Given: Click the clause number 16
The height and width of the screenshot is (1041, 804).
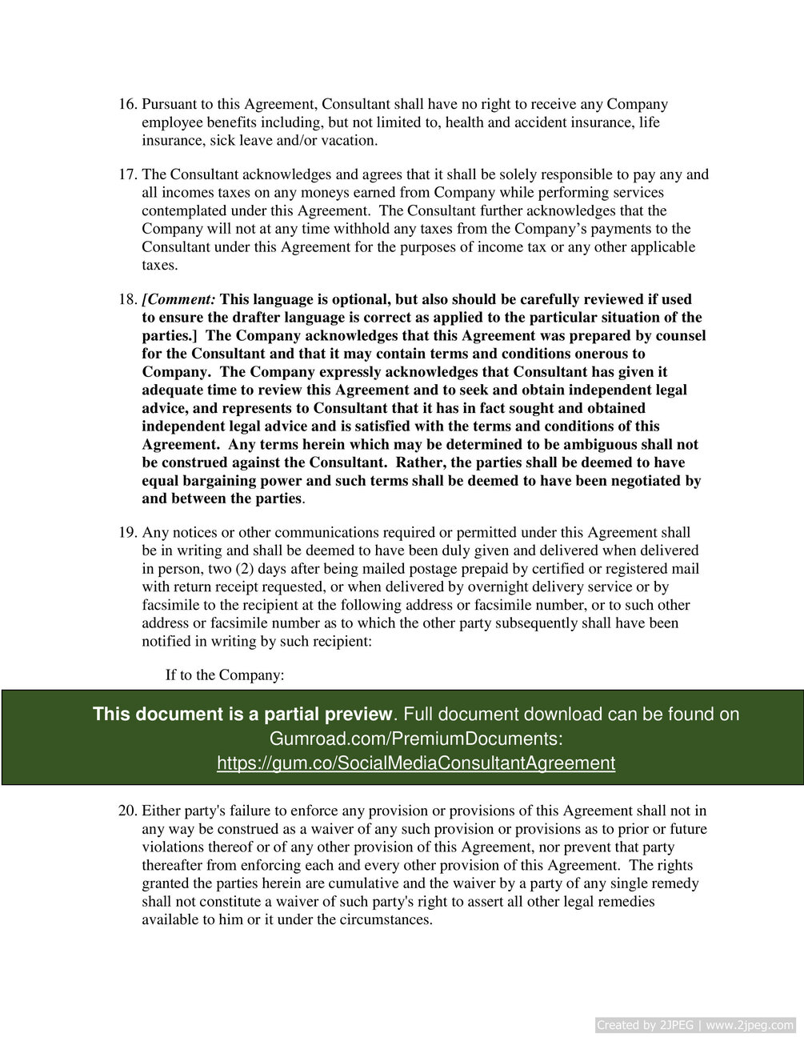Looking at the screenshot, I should pyautogui.click(x=127, y=105).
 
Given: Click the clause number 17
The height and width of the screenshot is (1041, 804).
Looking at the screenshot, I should pyautogui.click(x=127, y=174).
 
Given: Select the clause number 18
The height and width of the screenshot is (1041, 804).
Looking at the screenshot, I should pyautogui.click(x=127, y=299).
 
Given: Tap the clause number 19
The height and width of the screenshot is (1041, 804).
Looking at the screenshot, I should pyautogui.click(x=127, y=533).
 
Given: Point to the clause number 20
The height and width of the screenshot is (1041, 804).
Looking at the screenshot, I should pyautogui.click(x=127, y=811).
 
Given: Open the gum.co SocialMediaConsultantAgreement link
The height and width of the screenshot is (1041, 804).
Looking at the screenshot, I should pyautogui.click(x=415, y=763).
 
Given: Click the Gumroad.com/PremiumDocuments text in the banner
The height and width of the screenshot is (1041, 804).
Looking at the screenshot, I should pyautogui.click(x=415, y=738).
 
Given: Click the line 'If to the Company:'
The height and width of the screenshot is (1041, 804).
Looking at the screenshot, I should pyautogui.click(x=225, y=675).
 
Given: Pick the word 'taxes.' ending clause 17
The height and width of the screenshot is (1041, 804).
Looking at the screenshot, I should pyautogui.click(x=160, y=266).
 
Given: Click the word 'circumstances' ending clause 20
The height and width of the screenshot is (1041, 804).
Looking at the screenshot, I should pyautogui.click(x=386, y=920).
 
